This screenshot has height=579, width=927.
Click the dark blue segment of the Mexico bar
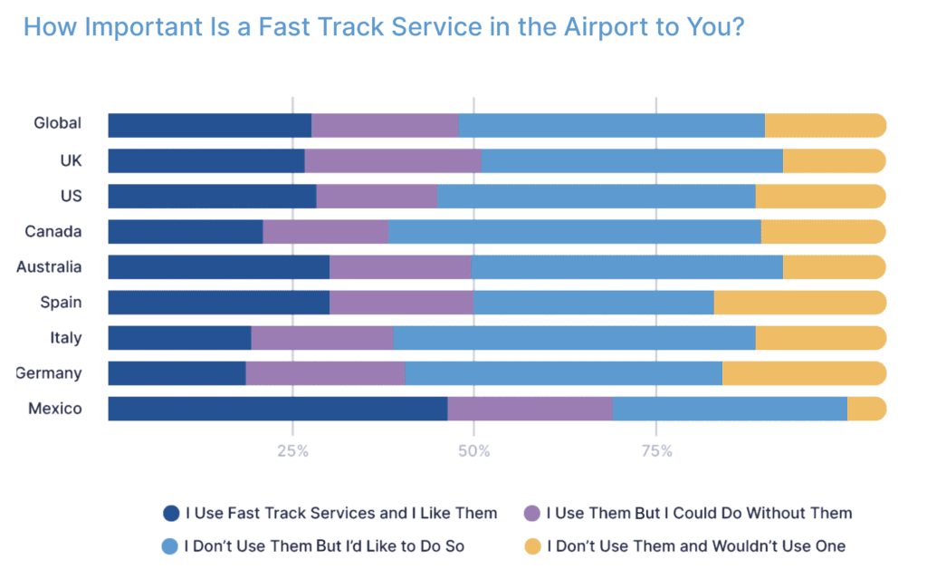click(x=277, y=409)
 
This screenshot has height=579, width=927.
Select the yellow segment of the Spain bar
click(x=799, y=303)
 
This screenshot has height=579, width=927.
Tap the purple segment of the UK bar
click(x=392, y=161)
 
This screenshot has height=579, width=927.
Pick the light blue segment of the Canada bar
click(x=574, y=232)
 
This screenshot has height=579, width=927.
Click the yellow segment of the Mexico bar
click(x=865, y=409)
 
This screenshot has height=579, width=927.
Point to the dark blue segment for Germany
click(x=177, y=373)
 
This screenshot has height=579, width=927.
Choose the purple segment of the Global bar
click(x=385, y=126)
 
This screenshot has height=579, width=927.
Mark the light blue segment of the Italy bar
click(x=574, y=338)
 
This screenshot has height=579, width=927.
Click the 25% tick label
click(x=292, y=451)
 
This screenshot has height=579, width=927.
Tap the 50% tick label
click(x=473, y=451)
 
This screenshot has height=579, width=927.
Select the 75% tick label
click(x=656, y=451)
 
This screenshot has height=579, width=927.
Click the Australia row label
click(x=49, y=267)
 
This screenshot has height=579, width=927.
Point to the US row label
click(x=70, y=196)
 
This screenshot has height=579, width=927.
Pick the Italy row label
click(x=65, y=338)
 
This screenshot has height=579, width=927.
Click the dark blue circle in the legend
click(x=171, y=514)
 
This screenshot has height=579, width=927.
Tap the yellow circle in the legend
click(x=532, y=546)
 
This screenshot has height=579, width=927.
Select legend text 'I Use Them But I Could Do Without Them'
click(x=699, y=514)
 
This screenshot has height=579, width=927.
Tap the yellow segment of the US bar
click(x=820, y=197)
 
